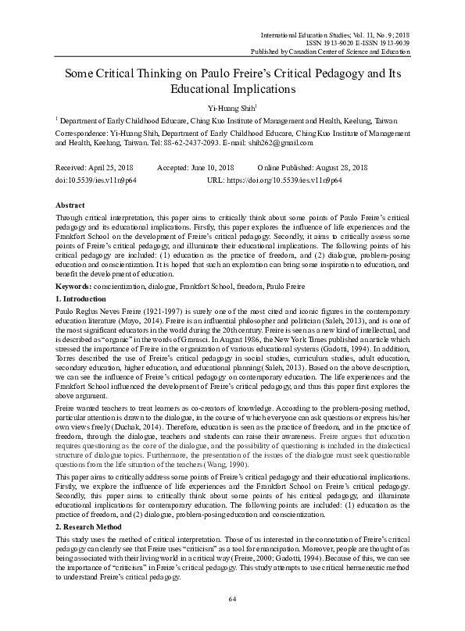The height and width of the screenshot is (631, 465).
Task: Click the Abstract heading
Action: click(71, 203)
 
